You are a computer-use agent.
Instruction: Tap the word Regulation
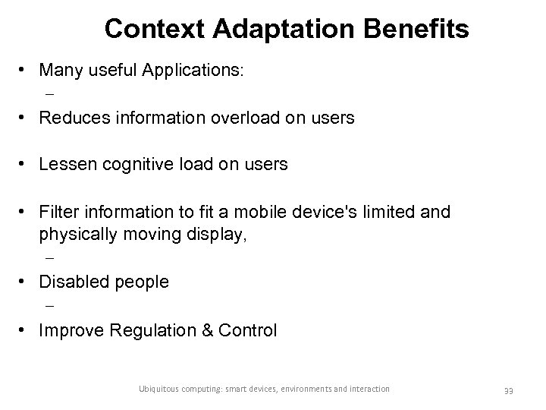point(147,330)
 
